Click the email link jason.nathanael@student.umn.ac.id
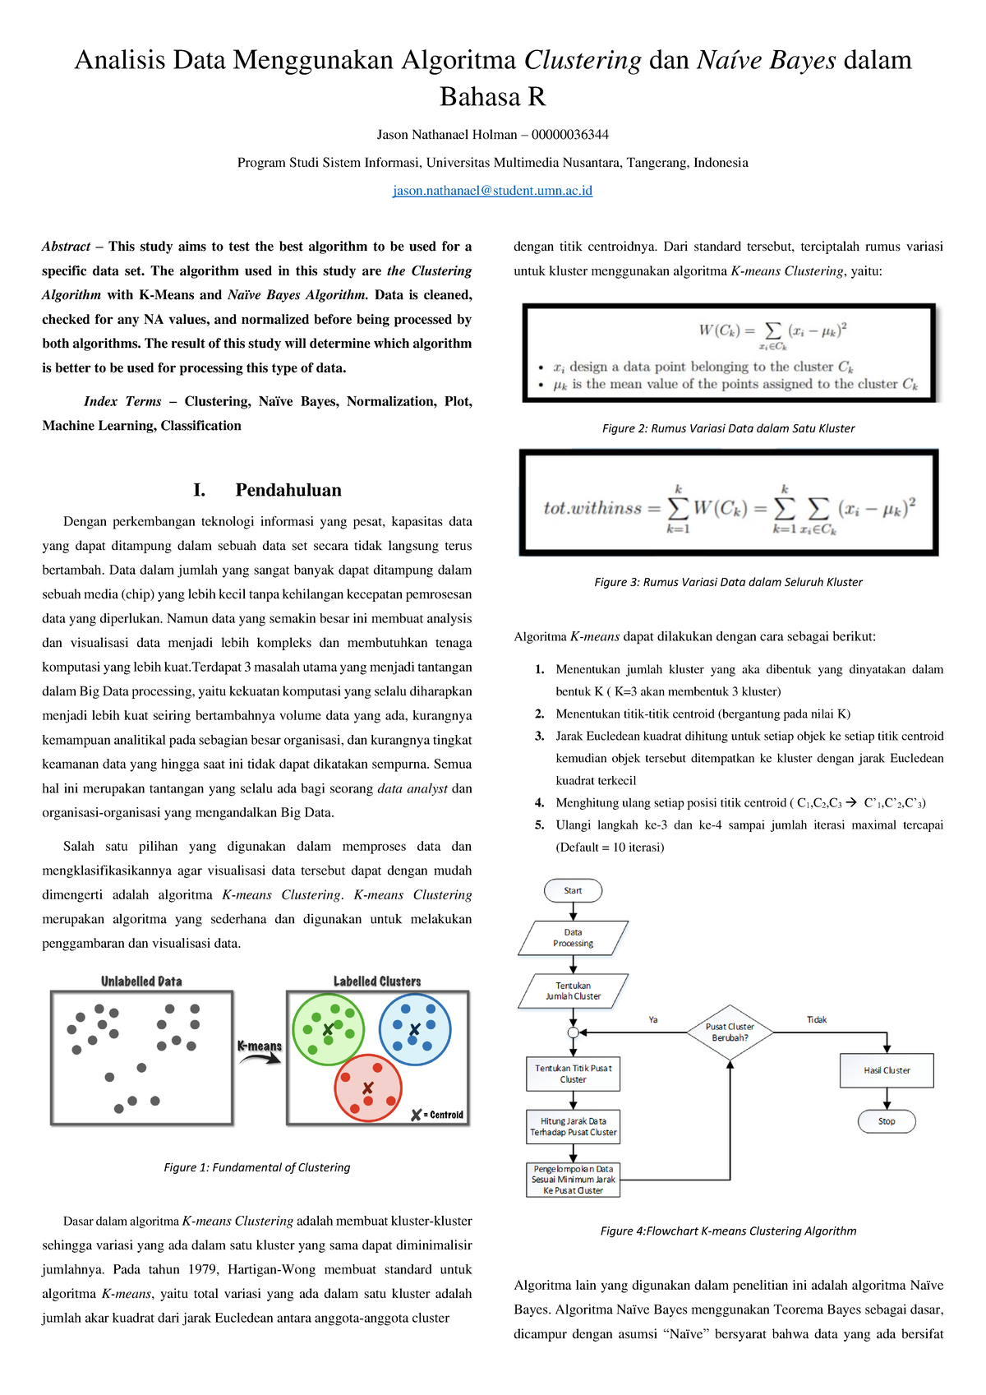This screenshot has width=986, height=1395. (x=492, y=191)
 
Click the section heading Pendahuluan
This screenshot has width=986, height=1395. (x=288, y=490)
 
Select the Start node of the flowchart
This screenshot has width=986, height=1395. (x=573, y=890)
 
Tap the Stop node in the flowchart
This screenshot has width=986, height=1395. (x=887, y=1121)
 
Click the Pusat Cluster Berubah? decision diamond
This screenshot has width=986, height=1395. (x=730, y=1032)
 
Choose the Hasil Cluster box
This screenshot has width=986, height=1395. (x=887, y=1070)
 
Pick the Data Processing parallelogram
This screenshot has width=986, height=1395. (x=573, y=938)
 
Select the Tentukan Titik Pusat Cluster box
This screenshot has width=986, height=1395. (x=573, y=1074)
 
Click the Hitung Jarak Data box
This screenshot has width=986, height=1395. (x=573, y=1127)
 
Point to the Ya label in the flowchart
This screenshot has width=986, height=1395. (x=653, y=1020)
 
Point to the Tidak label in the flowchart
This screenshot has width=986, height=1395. (x=817, y=1020)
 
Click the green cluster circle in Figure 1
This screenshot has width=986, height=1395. (x=328, y=1029)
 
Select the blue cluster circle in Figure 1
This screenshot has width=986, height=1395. (x=415, y=1029)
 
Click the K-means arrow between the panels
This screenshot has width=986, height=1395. (x=260, y=1053)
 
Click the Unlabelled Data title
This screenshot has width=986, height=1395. (x=141, y=982)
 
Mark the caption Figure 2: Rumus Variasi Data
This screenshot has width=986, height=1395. (x=728, y=428)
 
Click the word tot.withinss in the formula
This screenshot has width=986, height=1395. (x=592, y=508)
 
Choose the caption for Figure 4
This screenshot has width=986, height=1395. (x=728, y=1231)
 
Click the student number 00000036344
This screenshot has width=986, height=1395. (x=570, y=135)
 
